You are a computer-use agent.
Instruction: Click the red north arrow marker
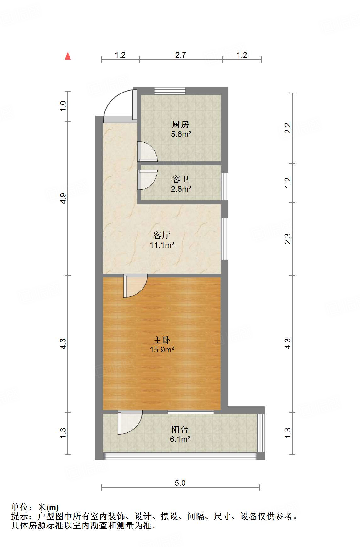pyautogui.click(x=68, y=56)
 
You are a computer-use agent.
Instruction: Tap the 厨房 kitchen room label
pyautogui.click(x=181, y=124)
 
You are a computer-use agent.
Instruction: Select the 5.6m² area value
pyautogui.click(x=181, y=134)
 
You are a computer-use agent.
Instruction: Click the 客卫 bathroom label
pyautogui.click(x=181, y=179)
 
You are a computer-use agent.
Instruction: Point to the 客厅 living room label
pyautogui.click(x=162, y=235)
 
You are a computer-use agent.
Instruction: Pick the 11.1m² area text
pyautogui.click(x=162, y=245)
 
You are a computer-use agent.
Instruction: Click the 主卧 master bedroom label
pyautogui.click(x=162, y=340)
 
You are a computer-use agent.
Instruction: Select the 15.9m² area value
pyautogui.click(x=162, y=350)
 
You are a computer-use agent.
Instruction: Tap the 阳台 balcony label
pyautogui.click(x=180, y=429)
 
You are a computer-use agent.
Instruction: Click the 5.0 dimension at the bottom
pyautogui.click(x=180, y=483)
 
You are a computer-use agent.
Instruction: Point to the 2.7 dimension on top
pyautogui.click(x=181, y=55)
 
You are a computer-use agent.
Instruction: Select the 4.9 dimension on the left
pyautogui.click(x=63, y=198)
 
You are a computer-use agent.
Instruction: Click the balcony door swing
pyautogui.click(x=130, y=422)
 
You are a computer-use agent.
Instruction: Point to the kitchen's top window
pyautogui.click(x=170, y=91)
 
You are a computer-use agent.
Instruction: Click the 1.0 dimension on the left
pyautogui.click(x=63, y=106)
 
